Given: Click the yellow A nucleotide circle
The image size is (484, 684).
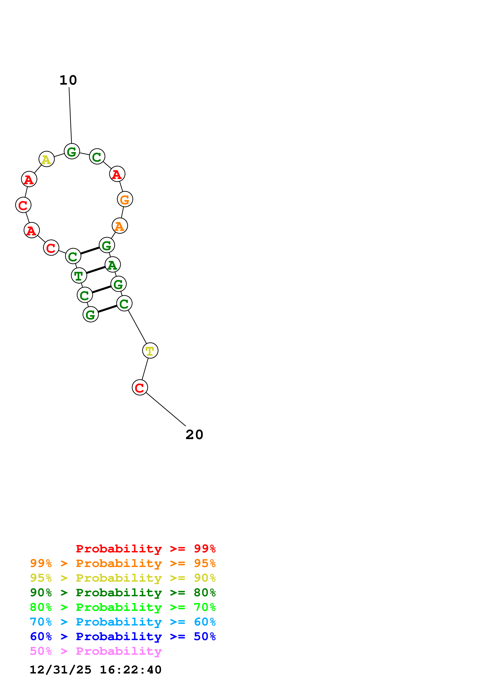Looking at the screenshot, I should pyautogui.click(x=46, y=159).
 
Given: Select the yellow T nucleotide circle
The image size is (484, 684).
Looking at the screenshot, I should pyautogui.click(x=150, y=350).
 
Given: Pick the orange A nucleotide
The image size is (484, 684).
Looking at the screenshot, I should pyautogui.click(x=119, y=226).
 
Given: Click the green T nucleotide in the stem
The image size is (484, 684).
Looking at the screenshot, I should pyautogui.click(x=79, y=276).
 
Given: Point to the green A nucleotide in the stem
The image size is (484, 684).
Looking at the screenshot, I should pyautogui.click(x=112, y=265).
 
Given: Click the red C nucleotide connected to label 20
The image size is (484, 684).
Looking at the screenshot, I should pyautogui.click(x=140, y=387).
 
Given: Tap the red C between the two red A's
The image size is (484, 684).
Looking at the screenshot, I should pyautogui.click(x=23, y=205).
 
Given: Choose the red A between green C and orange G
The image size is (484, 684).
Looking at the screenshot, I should pyautogui.click(x=117, y=174).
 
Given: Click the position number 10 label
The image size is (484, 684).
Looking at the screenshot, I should pyautogui.click(x=68, y=80).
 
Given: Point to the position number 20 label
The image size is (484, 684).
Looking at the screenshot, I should pyautogui.click(x=194, y=435).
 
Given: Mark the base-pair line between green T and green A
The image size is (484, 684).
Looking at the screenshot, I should pyautogui.click(x=96, y=270).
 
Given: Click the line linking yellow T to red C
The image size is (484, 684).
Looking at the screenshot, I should pyautogui.click(x=145, y=369).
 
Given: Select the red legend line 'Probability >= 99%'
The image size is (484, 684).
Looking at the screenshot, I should pyautogui.click(x=145, y=549).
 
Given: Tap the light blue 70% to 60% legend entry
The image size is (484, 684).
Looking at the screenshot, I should pyautogui.click(x=123, y=622).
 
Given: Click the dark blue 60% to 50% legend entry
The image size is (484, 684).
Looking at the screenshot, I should pyautogui.click(x=123, y=636).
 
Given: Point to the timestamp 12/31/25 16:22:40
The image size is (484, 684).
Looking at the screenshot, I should pyautogui.click(x=95, y=670).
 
